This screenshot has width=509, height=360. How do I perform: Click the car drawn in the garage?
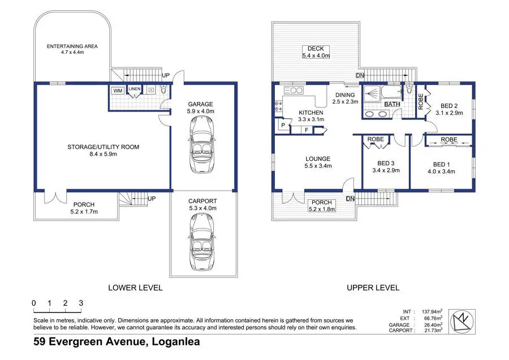pos(201,144)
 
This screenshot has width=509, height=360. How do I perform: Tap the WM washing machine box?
pos(118,91)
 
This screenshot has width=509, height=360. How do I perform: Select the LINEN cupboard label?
pos(135,89)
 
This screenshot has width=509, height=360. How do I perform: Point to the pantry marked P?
pos(283,125)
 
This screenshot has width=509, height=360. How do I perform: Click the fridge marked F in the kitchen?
pos(307,130)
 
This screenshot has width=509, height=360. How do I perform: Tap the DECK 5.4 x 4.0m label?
pos(316,52)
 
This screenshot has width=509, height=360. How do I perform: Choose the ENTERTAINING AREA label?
pos(72,46)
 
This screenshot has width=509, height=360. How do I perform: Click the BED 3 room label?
pos(386,164)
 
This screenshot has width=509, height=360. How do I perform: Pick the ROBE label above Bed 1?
pos(449,139)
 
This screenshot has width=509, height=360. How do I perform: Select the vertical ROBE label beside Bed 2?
pos(421,101)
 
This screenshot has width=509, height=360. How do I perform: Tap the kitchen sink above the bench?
pos(294,90)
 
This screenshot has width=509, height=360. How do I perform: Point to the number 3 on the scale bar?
pos(81,303)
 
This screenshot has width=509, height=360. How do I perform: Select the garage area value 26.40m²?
pos(432,324)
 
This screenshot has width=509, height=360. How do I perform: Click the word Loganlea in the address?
pos(176,342)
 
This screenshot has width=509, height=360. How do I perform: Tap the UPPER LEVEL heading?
pos(373,288)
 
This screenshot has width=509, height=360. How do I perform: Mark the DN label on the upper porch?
pos(350,199)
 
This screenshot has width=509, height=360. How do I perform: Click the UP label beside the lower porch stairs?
pos(152,199)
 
